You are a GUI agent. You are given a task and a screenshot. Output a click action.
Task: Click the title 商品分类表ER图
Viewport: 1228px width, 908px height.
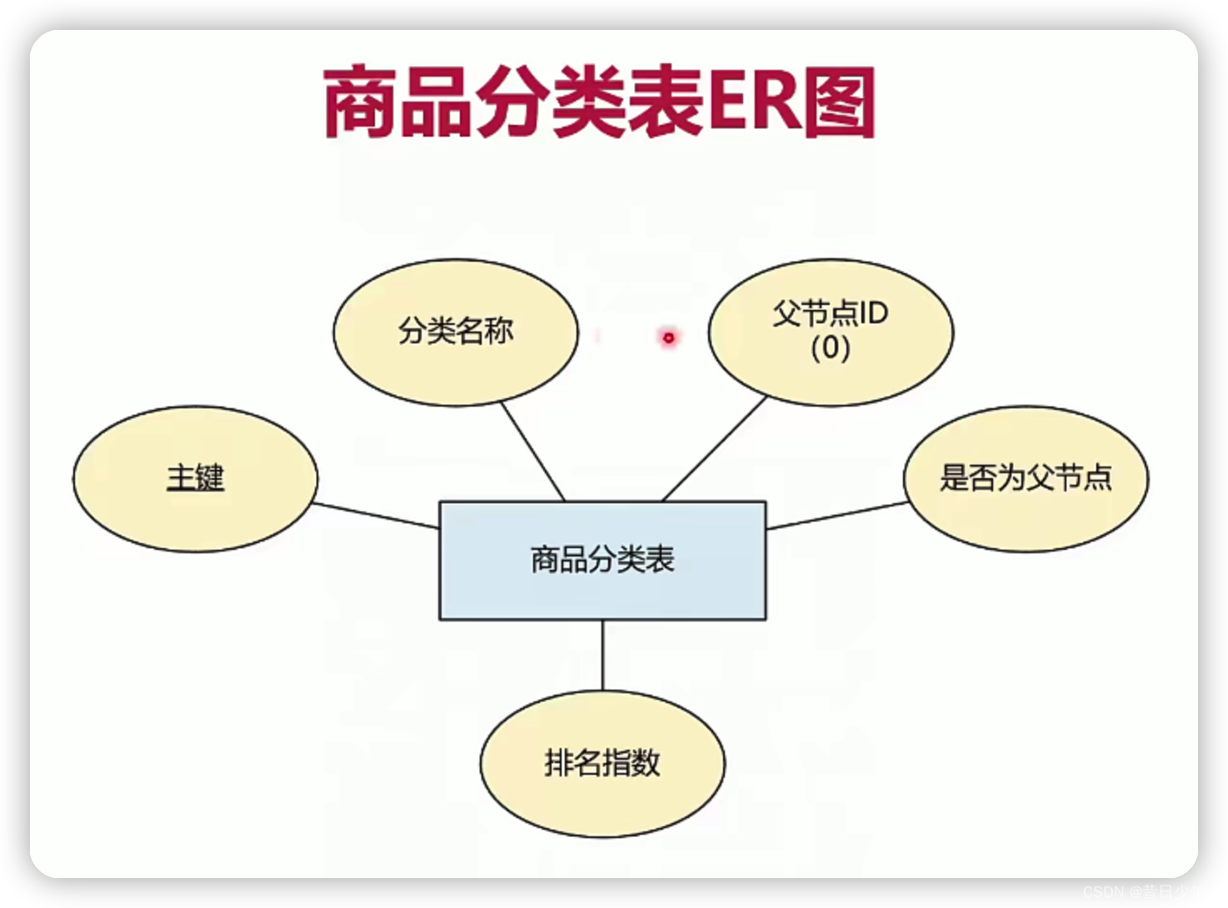(598, 103)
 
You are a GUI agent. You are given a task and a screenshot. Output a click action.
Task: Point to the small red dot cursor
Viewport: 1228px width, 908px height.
(668, 337)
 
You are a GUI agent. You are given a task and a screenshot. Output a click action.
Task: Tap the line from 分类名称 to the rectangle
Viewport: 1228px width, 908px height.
(533, 451)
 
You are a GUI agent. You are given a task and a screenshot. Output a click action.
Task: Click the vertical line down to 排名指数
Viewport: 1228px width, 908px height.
(602, 655)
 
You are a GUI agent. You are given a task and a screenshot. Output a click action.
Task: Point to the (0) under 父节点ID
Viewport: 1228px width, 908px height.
(830, 347)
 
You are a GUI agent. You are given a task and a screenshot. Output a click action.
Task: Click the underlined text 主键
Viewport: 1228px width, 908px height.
(195, 478)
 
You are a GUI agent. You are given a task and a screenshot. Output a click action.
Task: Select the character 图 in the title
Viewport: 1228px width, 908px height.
(840, 103)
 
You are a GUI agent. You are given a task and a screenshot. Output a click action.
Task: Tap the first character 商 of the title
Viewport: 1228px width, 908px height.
(360, 103)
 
